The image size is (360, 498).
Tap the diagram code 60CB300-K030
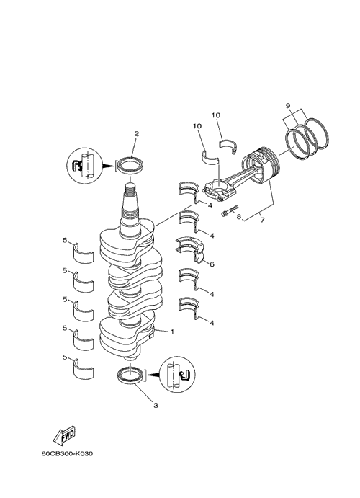pos(67,453)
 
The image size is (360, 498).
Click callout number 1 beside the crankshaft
pos(172,332)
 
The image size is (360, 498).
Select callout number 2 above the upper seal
pos(136,134)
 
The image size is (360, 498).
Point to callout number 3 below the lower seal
pos(156,406)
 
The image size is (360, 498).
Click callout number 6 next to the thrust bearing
pos(212,264)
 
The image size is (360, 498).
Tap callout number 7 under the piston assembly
pos(262,220)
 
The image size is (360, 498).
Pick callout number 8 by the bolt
pos(238,217)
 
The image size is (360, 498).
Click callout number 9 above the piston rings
pos(288,105)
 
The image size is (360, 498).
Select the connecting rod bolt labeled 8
pos(230,211)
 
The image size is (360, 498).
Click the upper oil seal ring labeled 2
pos(130,164)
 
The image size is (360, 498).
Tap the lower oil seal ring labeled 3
pos(130,375)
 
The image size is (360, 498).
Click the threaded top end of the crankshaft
pos(130,191)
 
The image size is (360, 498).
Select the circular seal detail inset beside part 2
pos(84,165)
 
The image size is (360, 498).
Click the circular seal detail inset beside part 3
pos(176,375)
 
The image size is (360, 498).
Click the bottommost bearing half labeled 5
pos(84,369)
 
